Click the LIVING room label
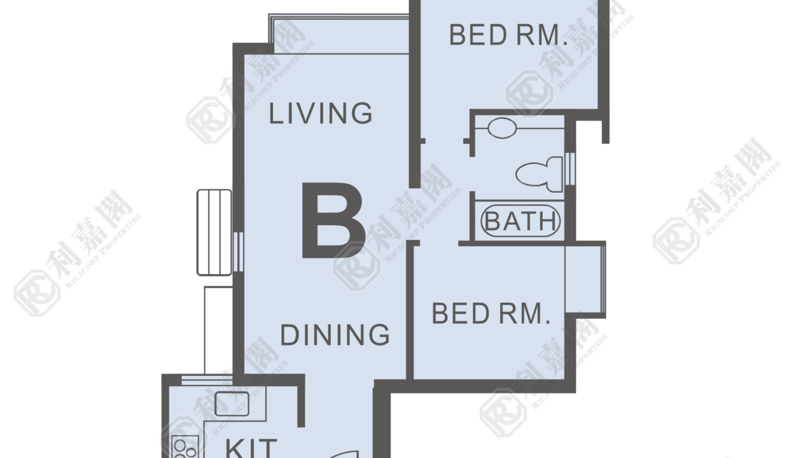point(320,113)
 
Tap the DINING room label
point(335,335)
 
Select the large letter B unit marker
point(333,220)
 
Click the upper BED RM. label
point(508,35)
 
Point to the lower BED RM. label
point(491,314)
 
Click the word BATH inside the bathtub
point(520,221)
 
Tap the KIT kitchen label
point(251,448)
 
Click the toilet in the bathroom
point(539,174)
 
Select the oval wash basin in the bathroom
point(502,128)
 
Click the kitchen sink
point(232,404)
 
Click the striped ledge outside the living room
point(214,232)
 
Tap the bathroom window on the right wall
point(570,169)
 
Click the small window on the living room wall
point(239,252)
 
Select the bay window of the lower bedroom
point(585,279)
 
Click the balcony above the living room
point(339,34)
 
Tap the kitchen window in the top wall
point(207,380)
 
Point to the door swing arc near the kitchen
point(344,454)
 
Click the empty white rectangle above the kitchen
point(218,330)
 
